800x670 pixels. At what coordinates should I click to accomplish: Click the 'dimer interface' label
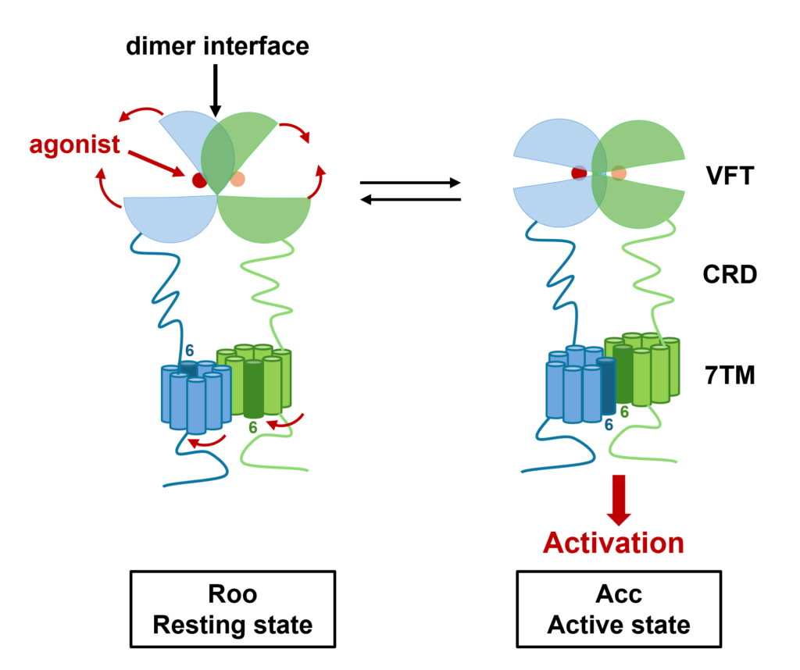217,46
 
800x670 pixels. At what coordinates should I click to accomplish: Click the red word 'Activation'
613,542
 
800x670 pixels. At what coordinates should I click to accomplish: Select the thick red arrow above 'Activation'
620,498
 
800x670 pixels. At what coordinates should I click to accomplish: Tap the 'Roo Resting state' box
233,610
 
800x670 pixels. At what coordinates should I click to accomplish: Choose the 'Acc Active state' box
619,610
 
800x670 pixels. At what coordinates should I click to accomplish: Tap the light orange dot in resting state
237,180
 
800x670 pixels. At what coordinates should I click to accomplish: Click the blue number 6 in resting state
188,350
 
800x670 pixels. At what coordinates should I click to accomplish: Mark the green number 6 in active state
625,412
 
